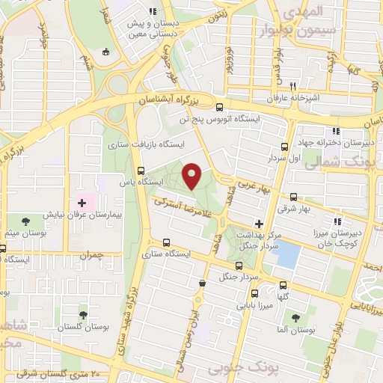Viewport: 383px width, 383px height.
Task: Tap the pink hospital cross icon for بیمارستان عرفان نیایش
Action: tap(82, 203)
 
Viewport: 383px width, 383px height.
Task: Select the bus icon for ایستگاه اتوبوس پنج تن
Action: tap(219, 107)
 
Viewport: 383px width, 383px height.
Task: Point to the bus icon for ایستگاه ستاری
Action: tap(166, 242)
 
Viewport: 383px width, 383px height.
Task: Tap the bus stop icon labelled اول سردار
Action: tap(284, 147)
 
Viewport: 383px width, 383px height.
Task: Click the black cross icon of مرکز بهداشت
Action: tap(259, 223)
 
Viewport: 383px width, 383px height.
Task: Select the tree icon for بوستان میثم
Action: tap(25, 221)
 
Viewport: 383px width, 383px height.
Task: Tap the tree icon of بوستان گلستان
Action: tap(82, 315)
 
